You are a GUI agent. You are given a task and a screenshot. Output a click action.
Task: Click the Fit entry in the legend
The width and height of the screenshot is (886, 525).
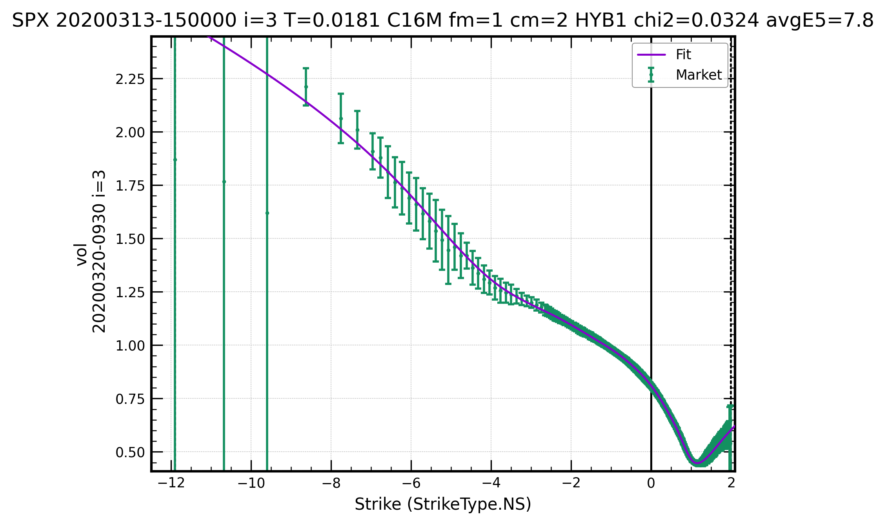pyautogui.click(x=683, y=55)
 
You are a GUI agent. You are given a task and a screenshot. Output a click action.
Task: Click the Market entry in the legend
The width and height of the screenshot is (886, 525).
pyautogui.click(x=698, y=75)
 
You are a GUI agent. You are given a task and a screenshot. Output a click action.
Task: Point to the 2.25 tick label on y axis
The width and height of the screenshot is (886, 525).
pyautogui.click(x=130, y=79)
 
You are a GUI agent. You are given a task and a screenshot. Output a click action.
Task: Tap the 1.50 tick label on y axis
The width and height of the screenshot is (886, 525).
pyautogui.click(x=130, y=239)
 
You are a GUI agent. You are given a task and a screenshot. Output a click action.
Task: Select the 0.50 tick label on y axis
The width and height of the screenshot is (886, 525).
pyautogui.click(x=130, y=452)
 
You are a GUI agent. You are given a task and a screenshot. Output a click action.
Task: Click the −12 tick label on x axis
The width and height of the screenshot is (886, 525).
pyautogui.click(x=171, y=483)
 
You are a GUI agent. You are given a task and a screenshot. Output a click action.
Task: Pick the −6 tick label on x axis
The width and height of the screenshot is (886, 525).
pyautogui.click(x=411, y=483)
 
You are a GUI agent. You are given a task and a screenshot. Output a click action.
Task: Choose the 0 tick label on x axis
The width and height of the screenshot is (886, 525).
pyautogui.click(x=651, y=483)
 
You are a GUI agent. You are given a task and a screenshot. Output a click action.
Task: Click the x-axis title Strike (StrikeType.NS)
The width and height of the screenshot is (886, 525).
pyautogui.click(x=443, y=504)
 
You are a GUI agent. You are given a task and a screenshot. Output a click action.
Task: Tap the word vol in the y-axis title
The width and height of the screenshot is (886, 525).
pyautogui.click(x=81, y=254)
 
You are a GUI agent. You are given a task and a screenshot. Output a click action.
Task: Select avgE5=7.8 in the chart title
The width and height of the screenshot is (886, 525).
pyautogui.click(x=820, y=20)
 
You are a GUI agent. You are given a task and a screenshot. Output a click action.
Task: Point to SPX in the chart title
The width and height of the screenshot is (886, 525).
pyautogui.click(x=31, y=20)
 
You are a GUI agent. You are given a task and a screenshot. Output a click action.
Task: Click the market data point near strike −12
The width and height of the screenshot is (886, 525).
pyautogui.click(x=175, y=160)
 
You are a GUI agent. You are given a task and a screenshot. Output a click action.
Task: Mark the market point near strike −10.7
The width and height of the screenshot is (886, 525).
pyautogui.click(x=224, y=182)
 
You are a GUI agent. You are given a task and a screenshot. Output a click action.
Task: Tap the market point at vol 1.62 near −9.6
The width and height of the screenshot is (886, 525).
pyautogui.click(x=267, y=213)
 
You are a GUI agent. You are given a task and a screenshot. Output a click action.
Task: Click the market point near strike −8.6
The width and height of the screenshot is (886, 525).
pyautogui.click(x=306, y=87)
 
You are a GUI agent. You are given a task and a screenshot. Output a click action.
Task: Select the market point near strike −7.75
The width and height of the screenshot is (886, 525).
pyautogui.click(x=341, y=118)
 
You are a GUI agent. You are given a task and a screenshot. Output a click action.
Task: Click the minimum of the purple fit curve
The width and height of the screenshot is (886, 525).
pyautogui.click(x=697, y=463)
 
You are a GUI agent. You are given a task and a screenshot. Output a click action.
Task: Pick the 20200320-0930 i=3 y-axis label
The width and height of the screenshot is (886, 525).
pyautogui.click(x=99, y=251)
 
